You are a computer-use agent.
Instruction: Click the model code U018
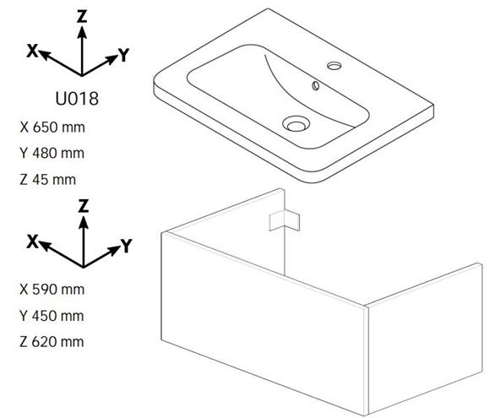click(77, 98)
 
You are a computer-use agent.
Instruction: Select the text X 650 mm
click(52, 128)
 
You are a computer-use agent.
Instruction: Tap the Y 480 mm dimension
click(52, 153)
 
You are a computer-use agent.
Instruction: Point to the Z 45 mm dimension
click(48, 180)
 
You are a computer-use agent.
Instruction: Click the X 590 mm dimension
click(52, 290)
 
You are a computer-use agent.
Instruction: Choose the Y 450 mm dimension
click(52, 316)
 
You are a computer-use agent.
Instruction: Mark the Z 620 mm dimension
click(52, 341)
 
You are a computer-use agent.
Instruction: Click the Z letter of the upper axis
click(82, 16)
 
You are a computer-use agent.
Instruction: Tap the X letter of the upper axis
click(32, 51)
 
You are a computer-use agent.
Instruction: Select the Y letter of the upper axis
click(124, 55)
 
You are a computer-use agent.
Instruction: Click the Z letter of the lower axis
click(83, 206)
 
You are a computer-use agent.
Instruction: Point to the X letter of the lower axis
click(32, 242)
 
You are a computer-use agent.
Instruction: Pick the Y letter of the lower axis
click(127, 246)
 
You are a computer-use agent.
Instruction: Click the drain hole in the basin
click(296, 124)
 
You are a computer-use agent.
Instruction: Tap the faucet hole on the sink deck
click(334, 66)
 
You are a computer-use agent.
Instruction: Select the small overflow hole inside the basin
click(316, 85)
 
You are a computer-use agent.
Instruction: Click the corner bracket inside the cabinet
click(285, 220)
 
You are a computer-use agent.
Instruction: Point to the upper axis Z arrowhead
click(82, 32)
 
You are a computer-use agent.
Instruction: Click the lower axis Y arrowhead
click(113, 250)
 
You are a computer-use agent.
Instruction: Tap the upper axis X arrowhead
click(45, 54)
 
